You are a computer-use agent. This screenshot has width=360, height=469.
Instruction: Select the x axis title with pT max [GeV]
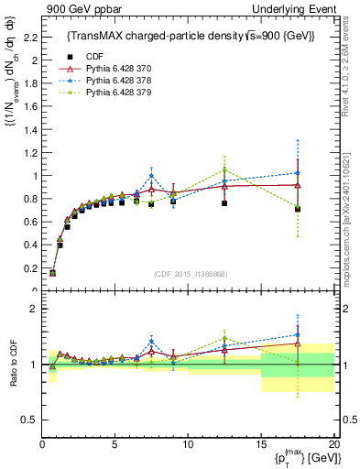click(301, 457)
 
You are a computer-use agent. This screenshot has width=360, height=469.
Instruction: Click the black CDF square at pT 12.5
click(224, 203)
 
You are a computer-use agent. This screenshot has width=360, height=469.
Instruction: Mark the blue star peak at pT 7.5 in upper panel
click(151, 176)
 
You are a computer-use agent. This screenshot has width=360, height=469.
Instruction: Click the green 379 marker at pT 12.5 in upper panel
click(224, 169)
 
